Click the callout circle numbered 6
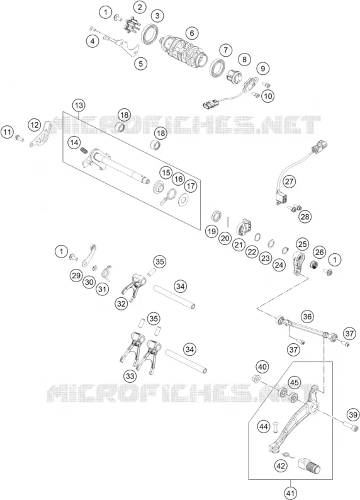coord(192,33)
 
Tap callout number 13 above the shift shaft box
coord(79,106)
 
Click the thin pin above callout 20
coord(229,221)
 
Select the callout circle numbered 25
coord(302,244)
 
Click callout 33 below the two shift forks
coord(130,377)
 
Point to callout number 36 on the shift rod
coord(307,317)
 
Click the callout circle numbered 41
coord(290,494)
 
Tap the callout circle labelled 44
coord(264,426)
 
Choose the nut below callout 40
coord(254,379)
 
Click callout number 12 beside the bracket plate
coord(35,125)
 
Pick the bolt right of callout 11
coord(20,138)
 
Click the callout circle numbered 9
coord(263,69)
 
